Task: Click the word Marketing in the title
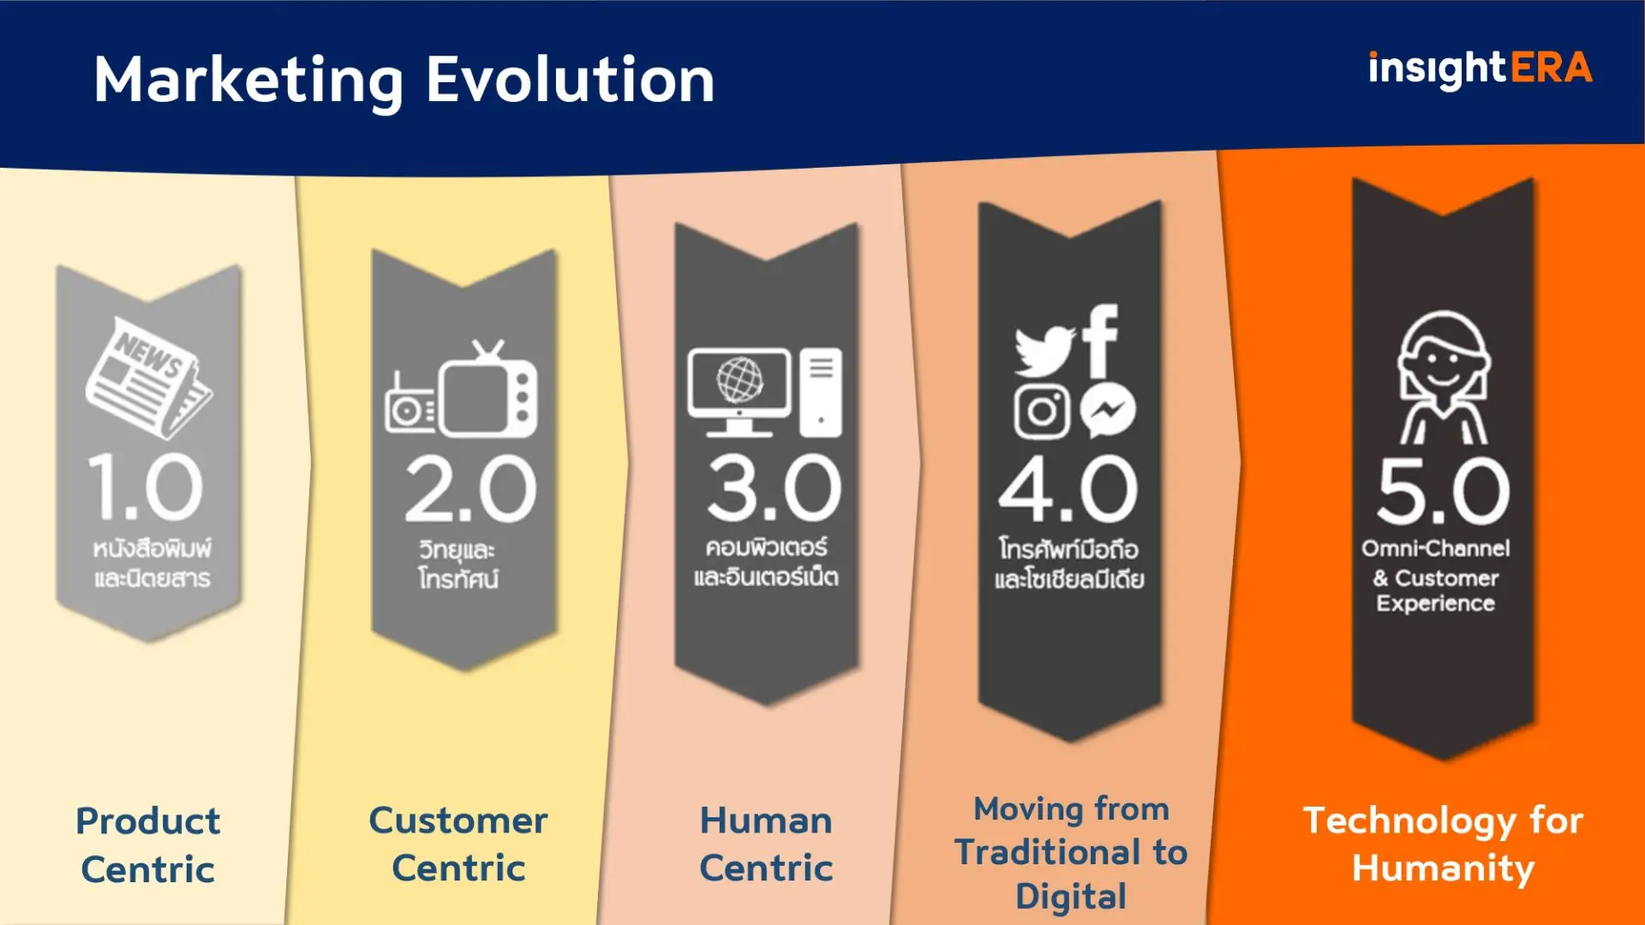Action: click(x=248, y=81)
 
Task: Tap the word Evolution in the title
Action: click(x=570, y=81)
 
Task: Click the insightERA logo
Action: click(x=1480, y=69)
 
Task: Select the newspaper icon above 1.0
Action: click(x=148, y=377)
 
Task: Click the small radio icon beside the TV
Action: click(x=410, y=407)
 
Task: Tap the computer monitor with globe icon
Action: click(x=739, y=390)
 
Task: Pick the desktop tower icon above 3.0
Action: click(x=821, y=391)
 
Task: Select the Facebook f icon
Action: click(x=1101, y=340)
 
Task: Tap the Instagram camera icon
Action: click(x=1042, y=412)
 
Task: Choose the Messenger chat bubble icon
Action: click(x=1107, y=412)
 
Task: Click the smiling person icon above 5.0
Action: click(x=1444, y=377)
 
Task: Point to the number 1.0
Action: click(x=146, y=487)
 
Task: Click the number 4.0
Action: click(x=1068, y=489)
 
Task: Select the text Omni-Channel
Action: click(x=1436, y=548)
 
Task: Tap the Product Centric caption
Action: click(x=148, y=844)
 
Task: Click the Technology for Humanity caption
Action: click(x=1443, y=844)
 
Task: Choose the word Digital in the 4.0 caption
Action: click(x=1070, y=897)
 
